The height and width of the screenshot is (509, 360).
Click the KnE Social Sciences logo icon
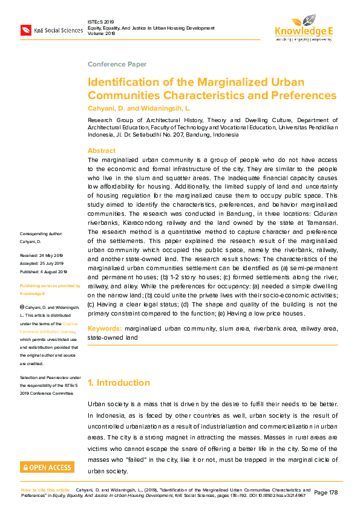pyautogui.click(x=27, y=30)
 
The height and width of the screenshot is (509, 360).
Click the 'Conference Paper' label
pyautogui.click(x=117, y=64)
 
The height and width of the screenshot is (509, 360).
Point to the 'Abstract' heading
pyautogui.click(x=102, y=151)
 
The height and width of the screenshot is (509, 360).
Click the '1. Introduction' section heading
pyautogui.click(x=119, y=383)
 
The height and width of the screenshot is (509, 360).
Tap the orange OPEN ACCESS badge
pyautogui.click(x=47, y=467)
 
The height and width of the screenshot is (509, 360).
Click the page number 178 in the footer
pyautogui.click(x=330, y=493)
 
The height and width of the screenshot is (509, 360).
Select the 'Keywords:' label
pyautogui.click(x=105, y=328)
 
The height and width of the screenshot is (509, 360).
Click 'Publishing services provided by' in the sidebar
pyautogui.click(x=50, y=285)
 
